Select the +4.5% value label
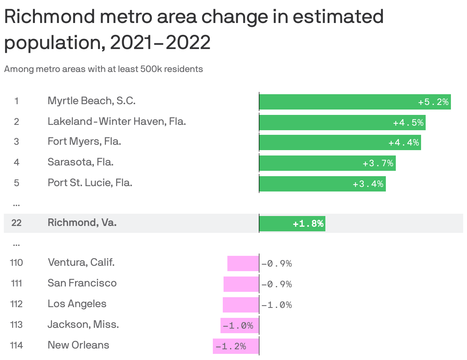(408, 123)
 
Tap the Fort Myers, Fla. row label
(84, 142)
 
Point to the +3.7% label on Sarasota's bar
(378, 164)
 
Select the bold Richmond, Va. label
(82, 223)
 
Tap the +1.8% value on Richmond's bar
(308, 224)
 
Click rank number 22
(16, 223)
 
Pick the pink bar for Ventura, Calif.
(243, 263)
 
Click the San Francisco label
(82, 283)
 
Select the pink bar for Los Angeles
(241, 304)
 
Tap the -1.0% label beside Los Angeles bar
(277, 305)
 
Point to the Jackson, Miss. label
(83, 325)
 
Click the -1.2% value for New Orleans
(231, 347)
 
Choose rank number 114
(16, 345)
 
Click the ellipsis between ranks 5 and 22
(16, 204)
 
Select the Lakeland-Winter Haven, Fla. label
(117, 121)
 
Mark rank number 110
(16, 263)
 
